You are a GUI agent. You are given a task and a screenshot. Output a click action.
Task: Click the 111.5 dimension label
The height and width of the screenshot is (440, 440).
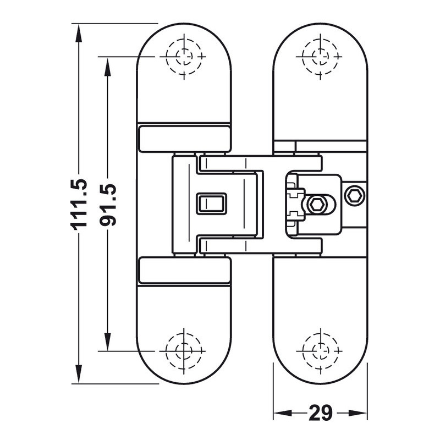click(x=79, y=205)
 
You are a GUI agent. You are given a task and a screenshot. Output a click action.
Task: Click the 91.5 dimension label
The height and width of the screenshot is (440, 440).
click(x=108, y=205)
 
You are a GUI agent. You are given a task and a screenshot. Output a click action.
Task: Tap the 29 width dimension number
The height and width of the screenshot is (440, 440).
click(x=320, y=413)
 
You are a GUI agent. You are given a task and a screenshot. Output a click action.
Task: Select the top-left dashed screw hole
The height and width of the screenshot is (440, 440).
click(x=184, y=57)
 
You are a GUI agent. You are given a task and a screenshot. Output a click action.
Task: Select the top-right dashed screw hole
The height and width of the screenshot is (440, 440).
click(x=320, y=57)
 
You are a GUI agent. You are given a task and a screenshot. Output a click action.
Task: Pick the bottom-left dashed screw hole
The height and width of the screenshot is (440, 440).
click(x=184, y=351)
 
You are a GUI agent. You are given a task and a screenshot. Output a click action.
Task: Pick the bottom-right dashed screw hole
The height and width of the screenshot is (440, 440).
click(x=320, y=351)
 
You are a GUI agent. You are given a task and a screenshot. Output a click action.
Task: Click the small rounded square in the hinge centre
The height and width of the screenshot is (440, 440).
click(x=211, y=204)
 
